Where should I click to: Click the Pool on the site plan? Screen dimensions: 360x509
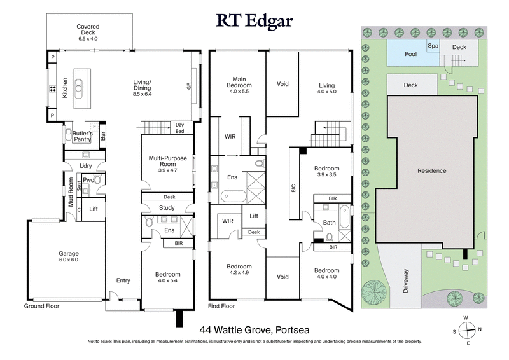pos(411,54)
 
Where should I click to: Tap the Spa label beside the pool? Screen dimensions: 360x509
pos(434,46)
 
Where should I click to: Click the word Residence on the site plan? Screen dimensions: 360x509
pos(431,171)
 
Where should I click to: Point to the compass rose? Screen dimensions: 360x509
pos(468,330)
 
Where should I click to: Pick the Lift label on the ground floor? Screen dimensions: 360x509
pos(94,209)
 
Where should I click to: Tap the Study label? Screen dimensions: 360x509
pos(167,208)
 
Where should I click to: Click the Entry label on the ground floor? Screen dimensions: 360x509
pos(123,280)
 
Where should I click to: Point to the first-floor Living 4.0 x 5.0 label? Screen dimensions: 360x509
pos(326,88)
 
